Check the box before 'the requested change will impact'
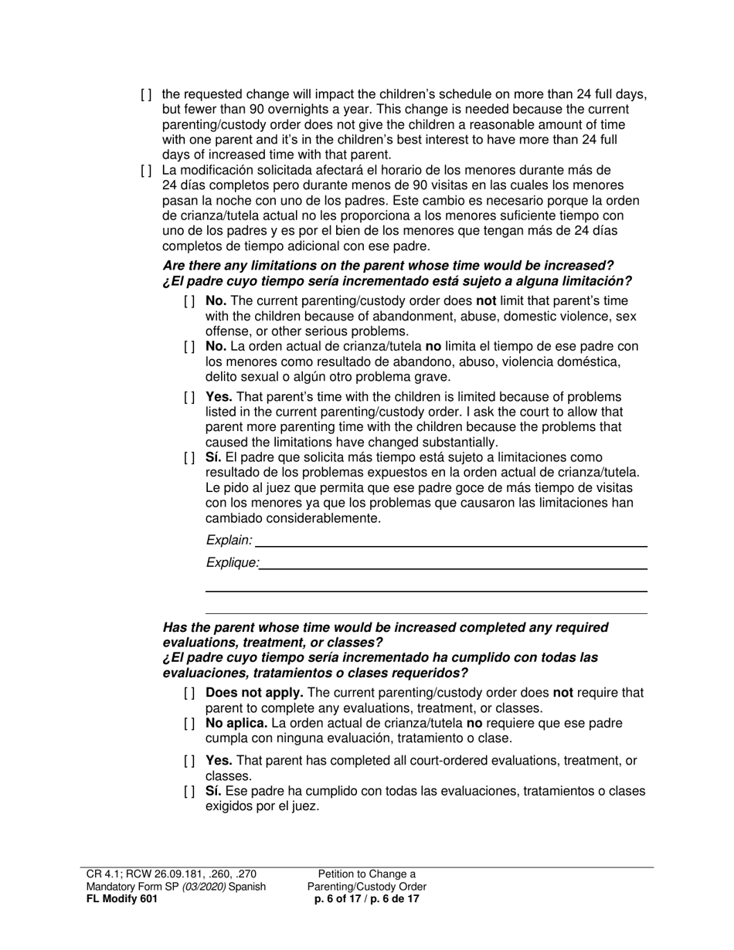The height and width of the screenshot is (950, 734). (x=146, y=96)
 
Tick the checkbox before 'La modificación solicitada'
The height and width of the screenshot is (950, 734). (x=146, y=171)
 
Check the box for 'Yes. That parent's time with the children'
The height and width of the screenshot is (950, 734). (x=189, y=398)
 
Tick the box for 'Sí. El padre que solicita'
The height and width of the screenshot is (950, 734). (x=189, y=458)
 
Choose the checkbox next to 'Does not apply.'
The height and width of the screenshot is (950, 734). (x=189, y=694)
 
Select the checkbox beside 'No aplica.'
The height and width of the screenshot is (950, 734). (x=189, y=724)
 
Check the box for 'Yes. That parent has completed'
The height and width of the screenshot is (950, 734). (x=189, y=762)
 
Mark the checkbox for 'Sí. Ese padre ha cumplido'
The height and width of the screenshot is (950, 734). (x=189, y=792)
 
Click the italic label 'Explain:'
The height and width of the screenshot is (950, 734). (x=229, y=540)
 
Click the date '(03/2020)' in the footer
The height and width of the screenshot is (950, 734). (x=207, y=887)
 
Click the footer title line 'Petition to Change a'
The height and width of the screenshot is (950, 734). (x=367, y=874)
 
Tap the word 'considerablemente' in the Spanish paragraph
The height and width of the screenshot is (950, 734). (x=293, y=518)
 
